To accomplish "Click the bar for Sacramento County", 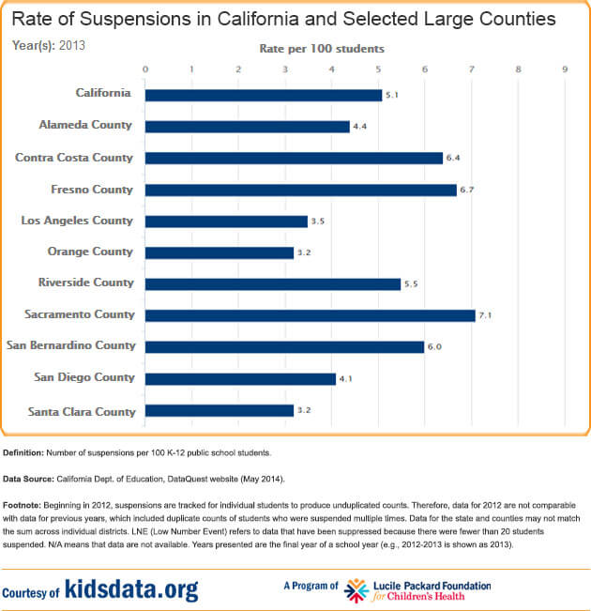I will coord(310,315).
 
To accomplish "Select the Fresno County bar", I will coord(300,190).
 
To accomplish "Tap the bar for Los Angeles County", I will coord(226,221).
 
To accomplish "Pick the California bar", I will coord(264,95).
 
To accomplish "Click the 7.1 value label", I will coord(485,316).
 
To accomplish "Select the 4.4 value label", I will coord(359,127).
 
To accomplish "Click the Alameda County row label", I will coord(85,125).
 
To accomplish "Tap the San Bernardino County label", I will coord(71,345).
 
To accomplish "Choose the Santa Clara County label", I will coord(81,411).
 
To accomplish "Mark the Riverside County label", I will coord(85,283).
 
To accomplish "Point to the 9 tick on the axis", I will coord(565,69).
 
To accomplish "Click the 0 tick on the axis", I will coord(144,69).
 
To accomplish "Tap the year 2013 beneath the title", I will coord(72,44).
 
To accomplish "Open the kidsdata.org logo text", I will coord(132,589).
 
